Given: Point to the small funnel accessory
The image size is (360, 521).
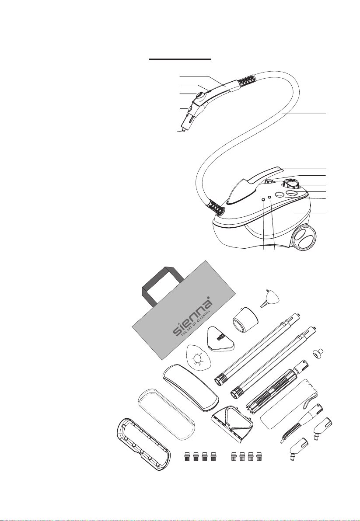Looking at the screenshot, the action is click(x=269, y=299).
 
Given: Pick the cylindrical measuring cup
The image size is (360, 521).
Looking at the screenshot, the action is click(x=245, y=318).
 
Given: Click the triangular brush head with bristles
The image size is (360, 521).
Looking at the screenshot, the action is click(x=221, y=339).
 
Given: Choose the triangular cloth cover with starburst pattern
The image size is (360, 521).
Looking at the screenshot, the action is click(x=198, y=358).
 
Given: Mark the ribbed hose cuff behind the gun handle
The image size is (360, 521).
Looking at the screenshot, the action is click(x=247, y=80).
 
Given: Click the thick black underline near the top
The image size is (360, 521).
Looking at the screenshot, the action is click(x=179, y=59).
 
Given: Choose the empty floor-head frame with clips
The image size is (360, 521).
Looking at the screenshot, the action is click(x=144, y=445).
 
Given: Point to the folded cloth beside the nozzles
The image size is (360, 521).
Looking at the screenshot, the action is click(x=289, y=404).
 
